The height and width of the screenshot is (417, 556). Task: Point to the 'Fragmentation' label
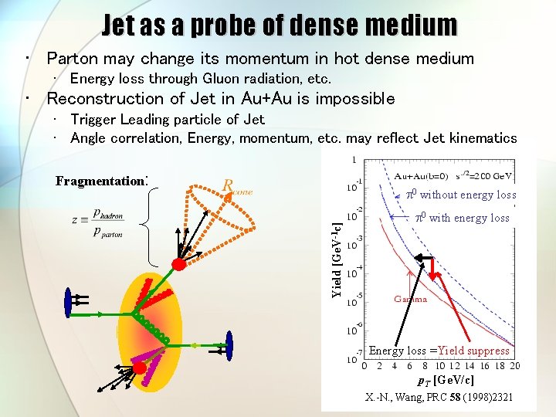tap(100, 181)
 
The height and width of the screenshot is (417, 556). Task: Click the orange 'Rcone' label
tap(237, 187)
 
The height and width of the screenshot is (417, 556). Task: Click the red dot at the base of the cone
tap(179, 264)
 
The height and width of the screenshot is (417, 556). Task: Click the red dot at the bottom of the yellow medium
tap(139, 368)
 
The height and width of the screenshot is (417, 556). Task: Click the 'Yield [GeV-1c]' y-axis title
tap(337, 256)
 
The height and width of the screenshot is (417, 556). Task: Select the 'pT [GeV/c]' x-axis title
tap(446, 380)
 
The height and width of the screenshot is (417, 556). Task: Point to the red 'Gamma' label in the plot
tap(410, 299)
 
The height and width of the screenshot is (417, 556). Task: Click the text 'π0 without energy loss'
tap(461, 195)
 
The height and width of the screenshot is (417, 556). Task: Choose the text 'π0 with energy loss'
tap(462, 218)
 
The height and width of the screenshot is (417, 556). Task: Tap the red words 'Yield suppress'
tap(473, 351)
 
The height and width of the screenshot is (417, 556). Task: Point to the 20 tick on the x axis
tap(514, 366)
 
